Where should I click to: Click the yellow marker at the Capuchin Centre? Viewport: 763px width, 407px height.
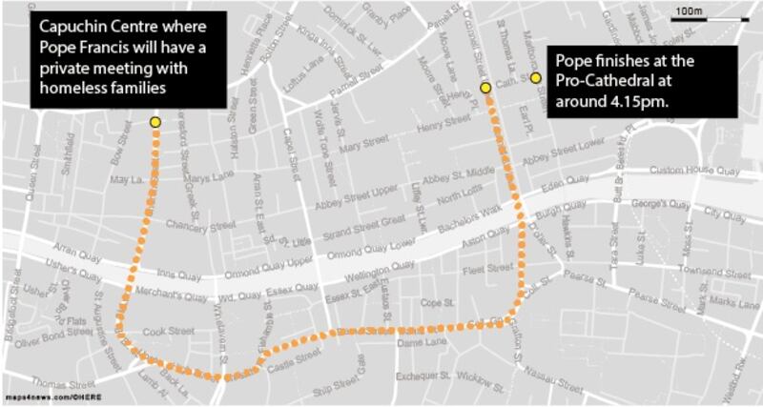tap(155, 122)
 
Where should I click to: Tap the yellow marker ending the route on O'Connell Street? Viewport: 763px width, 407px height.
tap(485, 88)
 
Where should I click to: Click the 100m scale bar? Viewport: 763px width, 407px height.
tap(688, 12)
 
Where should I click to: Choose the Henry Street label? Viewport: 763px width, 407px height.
tap(444, 124)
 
